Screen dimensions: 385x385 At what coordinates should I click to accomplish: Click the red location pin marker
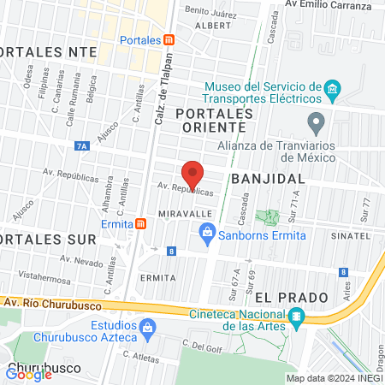pos(192,174)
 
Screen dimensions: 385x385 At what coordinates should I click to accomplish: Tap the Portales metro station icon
pos(169,40)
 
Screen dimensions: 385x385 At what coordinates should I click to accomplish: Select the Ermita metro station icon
pos(141,224)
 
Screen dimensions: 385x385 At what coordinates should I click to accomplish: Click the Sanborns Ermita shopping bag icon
pos(206,231)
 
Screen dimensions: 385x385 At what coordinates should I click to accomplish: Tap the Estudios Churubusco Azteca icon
pos(148,327)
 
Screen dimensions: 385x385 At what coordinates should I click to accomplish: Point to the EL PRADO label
pos(291,297)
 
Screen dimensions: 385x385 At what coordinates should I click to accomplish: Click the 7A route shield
pos(81,146)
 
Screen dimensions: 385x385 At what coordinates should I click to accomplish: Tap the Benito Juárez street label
pos(210,10)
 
